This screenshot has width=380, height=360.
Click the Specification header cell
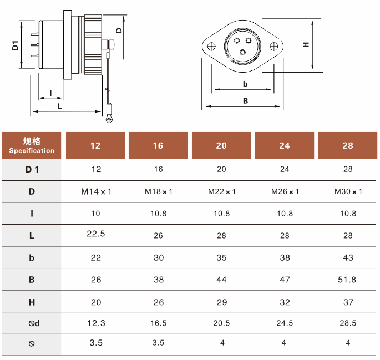point(32,145)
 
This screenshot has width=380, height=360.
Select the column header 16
point(158,145)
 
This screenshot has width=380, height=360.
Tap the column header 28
point(348,145)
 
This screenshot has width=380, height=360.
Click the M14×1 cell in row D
point(96,191)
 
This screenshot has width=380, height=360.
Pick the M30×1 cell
point(348,191)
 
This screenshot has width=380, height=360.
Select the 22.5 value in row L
point(96,234)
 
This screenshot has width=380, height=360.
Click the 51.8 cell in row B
point(347,280)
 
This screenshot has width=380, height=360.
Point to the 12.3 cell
point(96,323)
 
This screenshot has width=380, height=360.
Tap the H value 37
point(348,302)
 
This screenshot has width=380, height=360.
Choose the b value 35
point(221,257)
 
